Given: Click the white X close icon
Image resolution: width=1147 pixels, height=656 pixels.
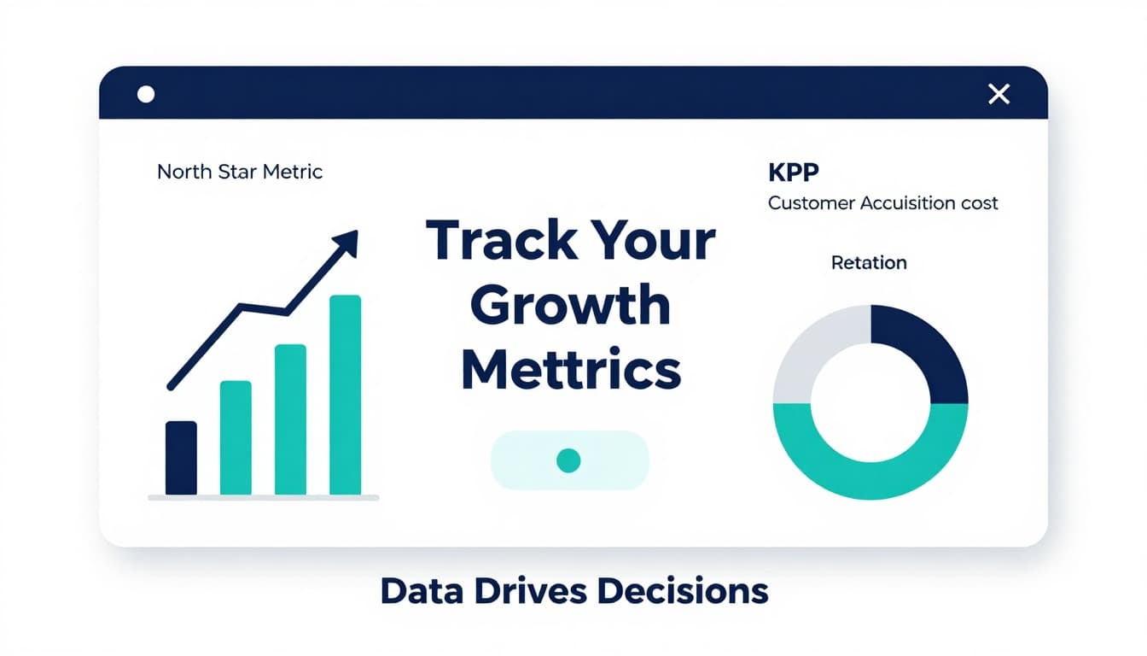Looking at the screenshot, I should click(x=999, y=94).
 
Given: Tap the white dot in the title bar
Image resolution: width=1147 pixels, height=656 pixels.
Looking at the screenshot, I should click(x=146, y=94).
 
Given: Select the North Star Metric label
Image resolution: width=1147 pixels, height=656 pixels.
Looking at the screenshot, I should click(x=240, y=172).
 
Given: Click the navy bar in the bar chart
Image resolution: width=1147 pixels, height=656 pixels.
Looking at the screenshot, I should click(x=181, y=458).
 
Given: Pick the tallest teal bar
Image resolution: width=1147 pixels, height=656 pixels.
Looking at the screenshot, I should click(x=345, y=395).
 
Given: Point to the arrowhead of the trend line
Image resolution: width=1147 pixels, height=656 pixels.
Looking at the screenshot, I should click(x=348, y=240).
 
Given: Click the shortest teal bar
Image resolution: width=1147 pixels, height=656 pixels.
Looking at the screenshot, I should click(x=236, y=437).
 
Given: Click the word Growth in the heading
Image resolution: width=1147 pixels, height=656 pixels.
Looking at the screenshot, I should click(x=570, y=305).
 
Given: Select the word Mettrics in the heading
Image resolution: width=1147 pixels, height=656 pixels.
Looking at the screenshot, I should click(x=571, y=370).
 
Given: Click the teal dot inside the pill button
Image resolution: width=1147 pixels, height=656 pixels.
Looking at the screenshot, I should click(x=568, y=460).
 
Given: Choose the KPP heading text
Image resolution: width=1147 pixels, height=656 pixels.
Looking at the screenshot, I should click(x=794, y=172).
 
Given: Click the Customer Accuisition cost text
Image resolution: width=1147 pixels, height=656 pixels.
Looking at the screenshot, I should click(x=883, y=203).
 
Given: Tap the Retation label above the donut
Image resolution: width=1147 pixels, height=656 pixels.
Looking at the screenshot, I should click(x=869, y=262).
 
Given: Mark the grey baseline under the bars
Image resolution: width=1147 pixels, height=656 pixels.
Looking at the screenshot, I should click(x=263, y=497).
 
